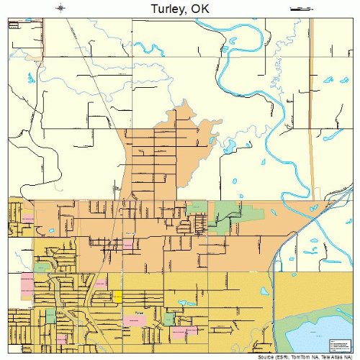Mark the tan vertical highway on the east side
pyautogui.click(x=311, y=108)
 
